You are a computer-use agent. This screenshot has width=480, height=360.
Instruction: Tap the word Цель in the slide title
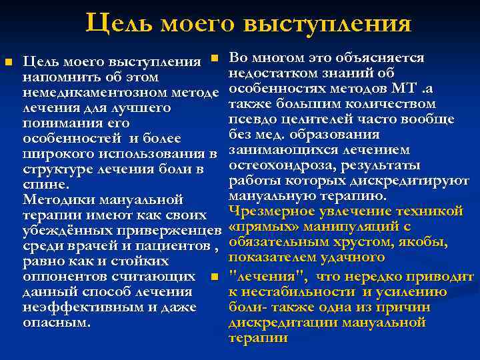pos(119,23)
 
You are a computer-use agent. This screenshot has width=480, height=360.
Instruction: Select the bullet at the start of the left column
pos(9,62)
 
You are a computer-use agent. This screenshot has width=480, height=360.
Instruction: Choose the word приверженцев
pos(171,230)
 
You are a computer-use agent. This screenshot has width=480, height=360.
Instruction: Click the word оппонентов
pos(62,276)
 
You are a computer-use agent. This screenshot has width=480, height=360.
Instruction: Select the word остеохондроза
pos(279,165)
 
